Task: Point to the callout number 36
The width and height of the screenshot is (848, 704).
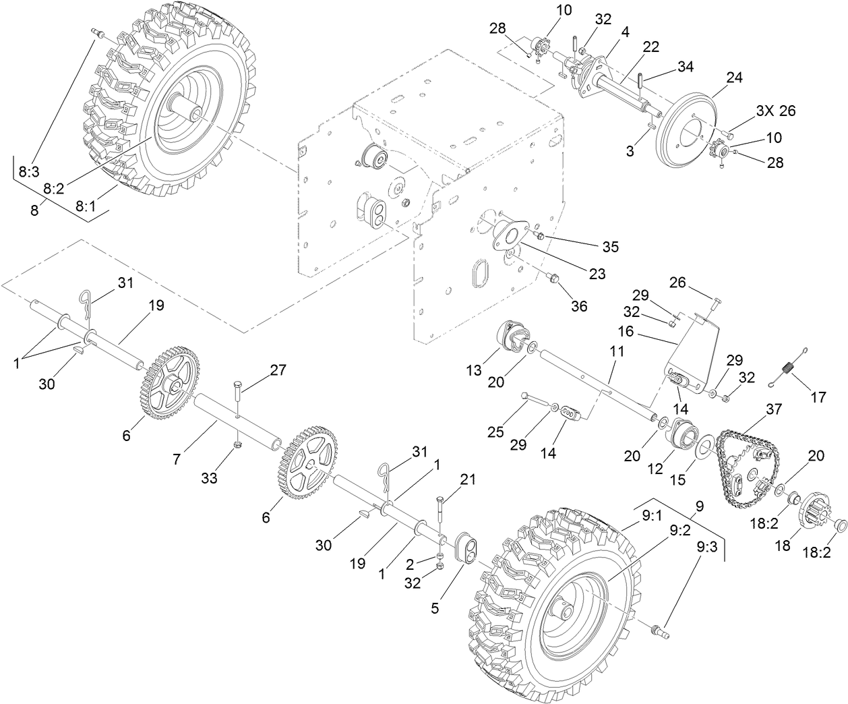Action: [x=578, y=305]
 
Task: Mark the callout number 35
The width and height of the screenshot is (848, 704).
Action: [x=610, y=246]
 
